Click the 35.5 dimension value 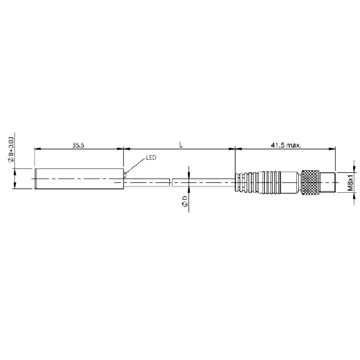[78, 145]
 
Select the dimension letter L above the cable [181, 145]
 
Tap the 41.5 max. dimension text [286, 145]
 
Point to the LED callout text [151, 158]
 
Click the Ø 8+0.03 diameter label [11, 150]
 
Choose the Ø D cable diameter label [185, 202]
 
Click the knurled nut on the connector [310, 183]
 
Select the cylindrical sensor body [80, 179]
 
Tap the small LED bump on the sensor [125, 175]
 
